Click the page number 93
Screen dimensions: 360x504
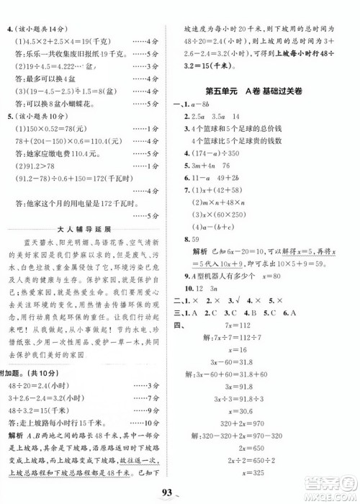point(179,492)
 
